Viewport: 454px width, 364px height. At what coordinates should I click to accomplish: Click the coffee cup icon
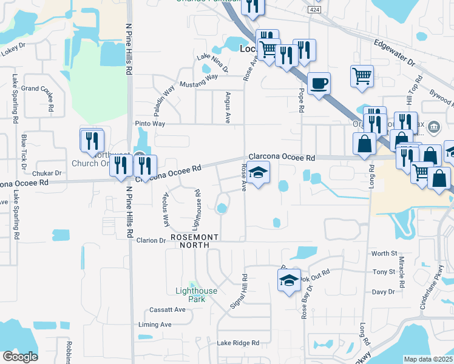click(x=319, y=84)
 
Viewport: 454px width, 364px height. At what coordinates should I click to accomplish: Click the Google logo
click(x=20, y=357)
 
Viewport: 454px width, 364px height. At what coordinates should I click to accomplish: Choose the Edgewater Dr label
click(x=394, y=53)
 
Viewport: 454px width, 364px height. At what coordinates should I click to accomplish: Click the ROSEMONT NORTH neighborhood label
click(x=190, y=241)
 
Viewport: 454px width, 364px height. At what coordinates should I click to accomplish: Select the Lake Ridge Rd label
click(x=239, y=343)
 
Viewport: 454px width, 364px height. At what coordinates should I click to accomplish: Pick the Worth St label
click(x=384, y=253)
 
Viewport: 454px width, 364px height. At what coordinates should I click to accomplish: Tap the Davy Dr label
click(x=384, y=292)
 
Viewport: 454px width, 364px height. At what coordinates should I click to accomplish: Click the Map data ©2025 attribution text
click(x=428, y=359)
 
